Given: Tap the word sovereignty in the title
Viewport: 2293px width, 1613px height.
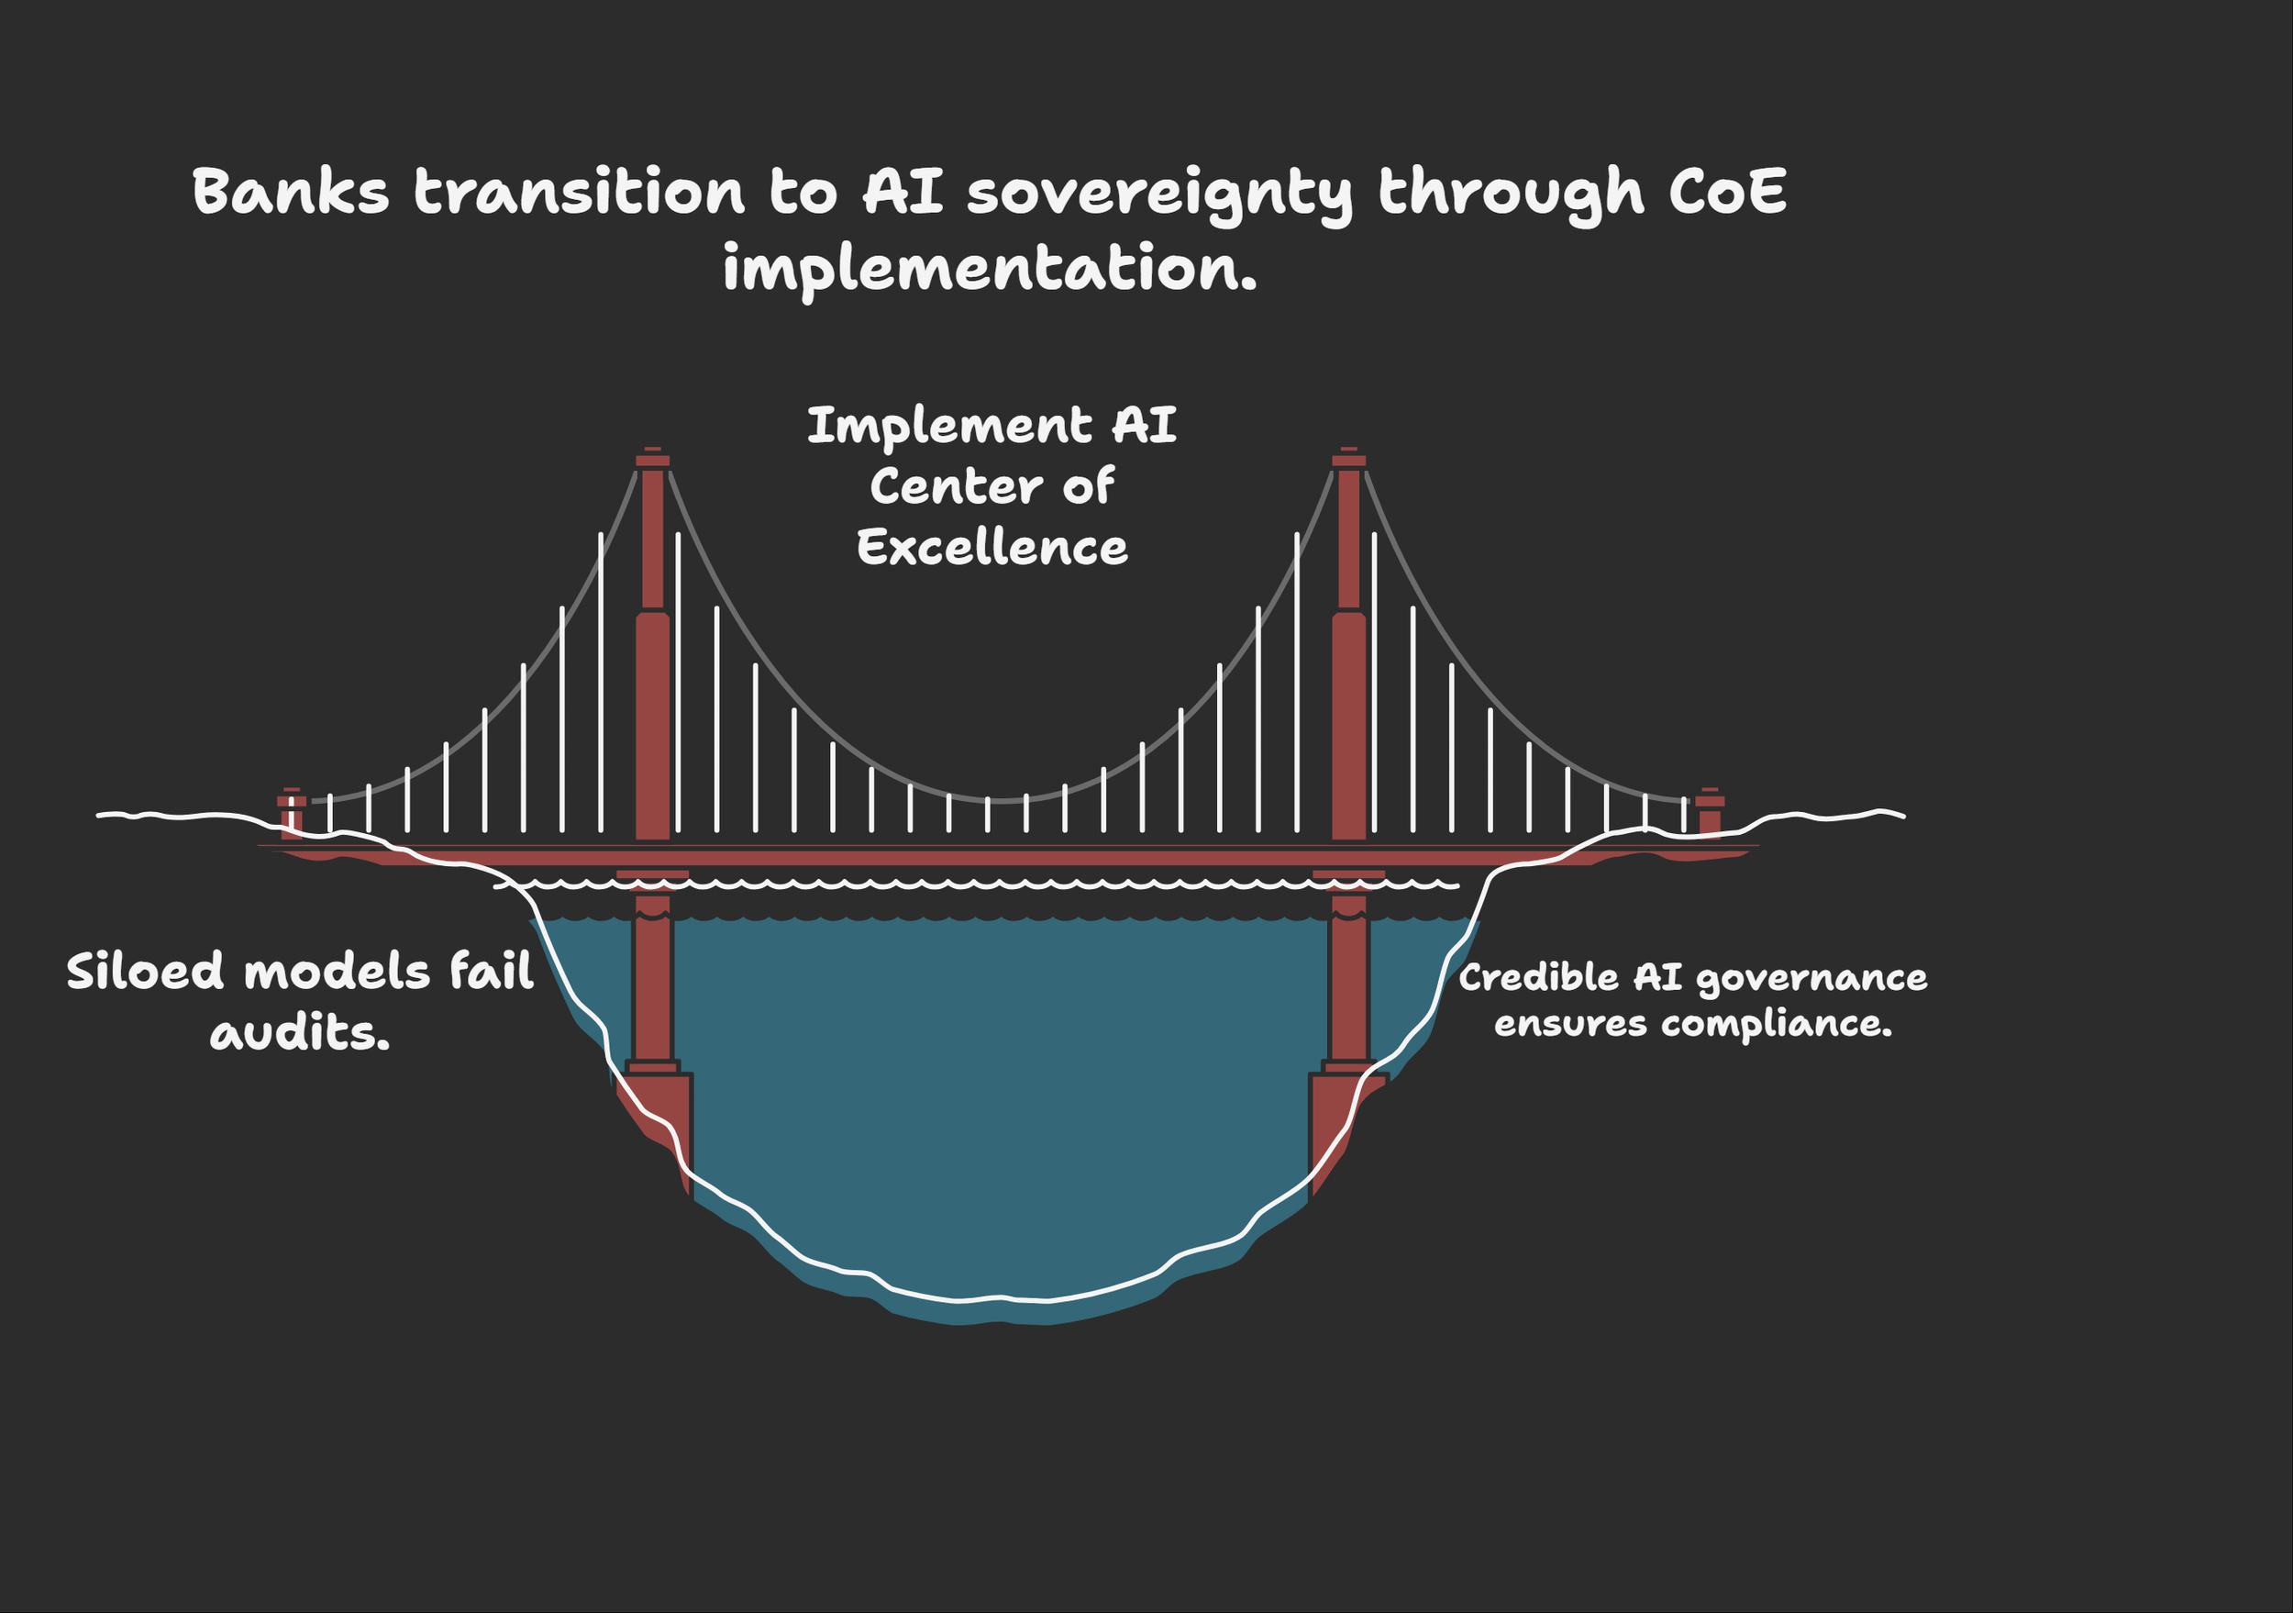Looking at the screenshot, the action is (1158, 193).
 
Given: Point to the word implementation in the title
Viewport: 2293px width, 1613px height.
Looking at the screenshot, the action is (989, 268).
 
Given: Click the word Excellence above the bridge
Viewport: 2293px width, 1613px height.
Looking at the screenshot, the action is (991, 548).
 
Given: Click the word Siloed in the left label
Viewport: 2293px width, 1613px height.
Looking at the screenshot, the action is (145, 971).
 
